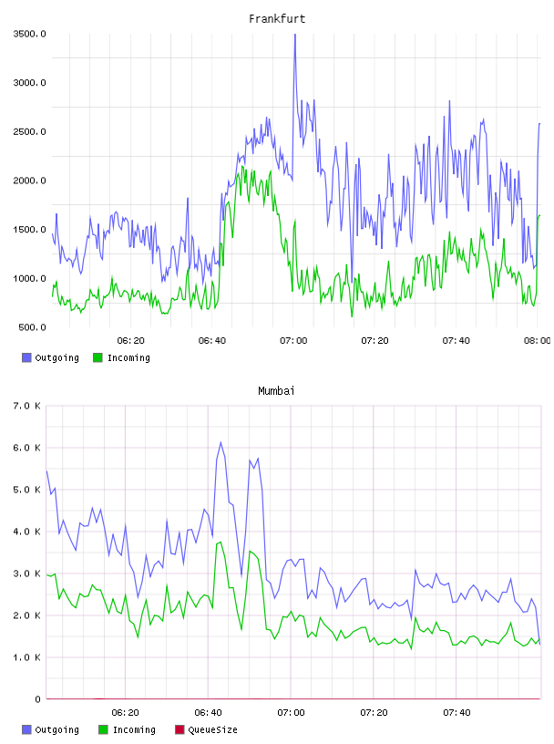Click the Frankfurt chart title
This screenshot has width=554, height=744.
[x=277, y=18]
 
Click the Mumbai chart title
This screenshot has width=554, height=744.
[x=276, y=390]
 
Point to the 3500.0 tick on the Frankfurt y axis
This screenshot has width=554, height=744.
[x=29, y=34]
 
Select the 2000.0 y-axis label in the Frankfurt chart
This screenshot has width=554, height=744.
[x=29, y=181]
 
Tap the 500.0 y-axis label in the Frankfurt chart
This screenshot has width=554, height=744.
[x=32, y=327]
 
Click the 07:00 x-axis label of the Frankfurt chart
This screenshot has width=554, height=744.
[x=293, y=340]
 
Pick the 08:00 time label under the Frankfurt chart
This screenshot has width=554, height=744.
[x=538, y=340]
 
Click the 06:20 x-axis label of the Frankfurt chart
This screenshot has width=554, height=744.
[x=131, y=340]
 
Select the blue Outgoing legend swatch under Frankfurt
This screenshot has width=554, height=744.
[x=26, y=357]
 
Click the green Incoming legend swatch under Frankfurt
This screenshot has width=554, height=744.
[x=97, y=357]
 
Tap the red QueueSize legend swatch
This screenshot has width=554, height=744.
[x=180, y=729]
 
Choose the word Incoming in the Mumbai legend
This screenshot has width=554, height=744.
[x=134, y=729]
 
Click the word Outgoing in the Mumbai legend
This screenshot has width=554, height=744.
[x=56, y=729]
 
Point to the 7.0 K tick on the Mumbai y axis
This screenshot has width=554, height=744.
[x=27, y=406]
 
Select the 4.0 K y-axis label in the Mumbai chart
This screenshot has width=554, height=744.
[x=27, y=532]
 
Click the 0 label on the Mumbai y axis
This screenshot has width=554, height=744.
[x=37, y=699]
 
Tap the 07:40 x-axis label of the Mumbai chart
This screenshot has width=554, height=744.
[x=457, y=712]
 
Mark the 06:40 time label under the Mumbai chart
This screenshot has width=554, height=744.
[x=209, y=712]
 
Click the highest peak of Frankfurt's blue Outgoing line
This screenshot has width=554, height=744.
[x=294, y=35]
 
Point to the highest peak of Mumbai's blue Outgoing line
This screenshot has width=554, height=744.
[x=221, y=442]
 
